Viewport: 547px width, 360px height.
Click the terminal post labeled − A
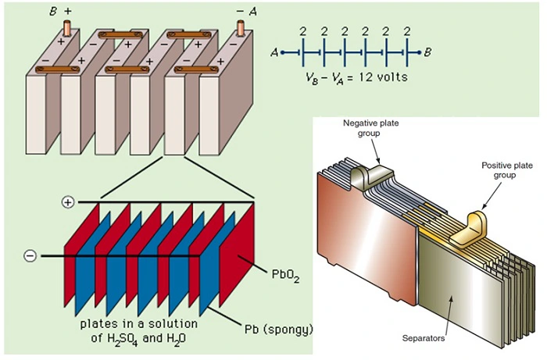(x=241, y=28)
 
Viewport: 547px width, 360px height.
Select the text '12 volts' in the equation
(x=384, y=78)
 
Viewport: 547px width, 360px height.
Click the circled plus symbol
(x=67, y=202)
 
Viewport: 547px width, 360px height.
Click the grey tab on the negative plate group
(x=369, y=176)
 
